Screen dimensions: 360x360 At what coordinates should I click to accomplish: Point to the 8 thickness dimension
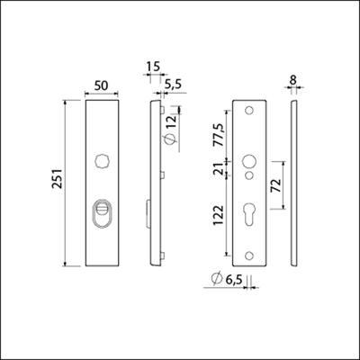click(x=295, y=80)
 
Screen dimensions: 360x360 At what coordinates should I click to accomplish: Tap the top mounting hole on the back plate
click(x=248, y=111)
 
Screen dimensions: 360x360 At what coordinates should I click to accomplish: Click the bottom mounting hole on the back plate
click(x=248, y=254)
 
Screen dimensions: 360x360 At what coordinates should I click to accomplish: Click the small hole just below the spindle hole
click(x=248, y=177)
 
